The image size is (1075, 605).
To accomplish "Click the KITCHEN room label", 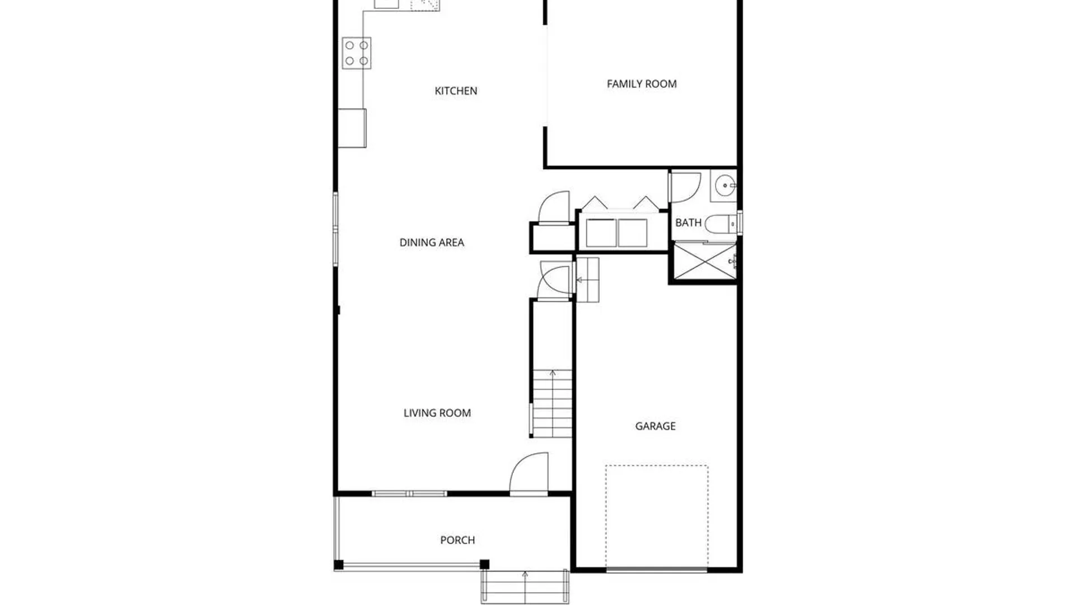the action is pos(456,91).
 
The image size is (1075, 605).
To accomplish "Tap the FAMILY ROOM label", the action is pos(642,84).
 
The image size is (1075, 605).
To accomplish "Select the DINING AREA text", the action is pos(432,243).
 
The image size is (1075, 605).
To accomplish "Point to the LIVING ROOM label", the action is pos(437,413).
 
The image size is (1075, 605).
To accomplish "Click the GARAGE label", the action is pos(655,426).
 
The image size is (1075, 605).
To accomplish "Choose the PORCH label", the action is pos(457,540).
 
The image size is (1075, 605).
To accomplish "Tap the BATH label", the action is pos(688,222).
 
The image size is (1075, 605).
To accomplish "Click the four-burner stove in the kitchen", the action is pos(357,53).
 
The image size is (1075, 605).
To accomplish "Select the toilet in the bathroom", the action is pos(721,225).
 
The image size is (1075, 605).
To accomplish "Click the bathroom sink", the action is pos(725,185).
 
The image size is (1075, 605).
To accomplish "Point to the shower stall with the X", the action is pos(705,260).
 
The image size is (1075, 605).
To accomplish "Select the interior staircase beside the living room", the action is pos(552,403).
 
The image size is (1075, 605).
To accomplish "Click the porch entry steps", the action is pos(525,587).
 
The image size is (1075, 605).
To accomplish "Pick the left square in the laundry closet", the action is pos(601,233).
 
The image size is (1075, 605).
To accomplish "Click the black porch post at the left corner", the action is pos(339,565).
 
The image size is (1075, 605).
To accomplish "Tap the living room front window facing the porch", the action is pos(409,494).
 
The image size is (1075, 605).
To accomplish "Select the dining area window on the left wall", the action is pos(335,229).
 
